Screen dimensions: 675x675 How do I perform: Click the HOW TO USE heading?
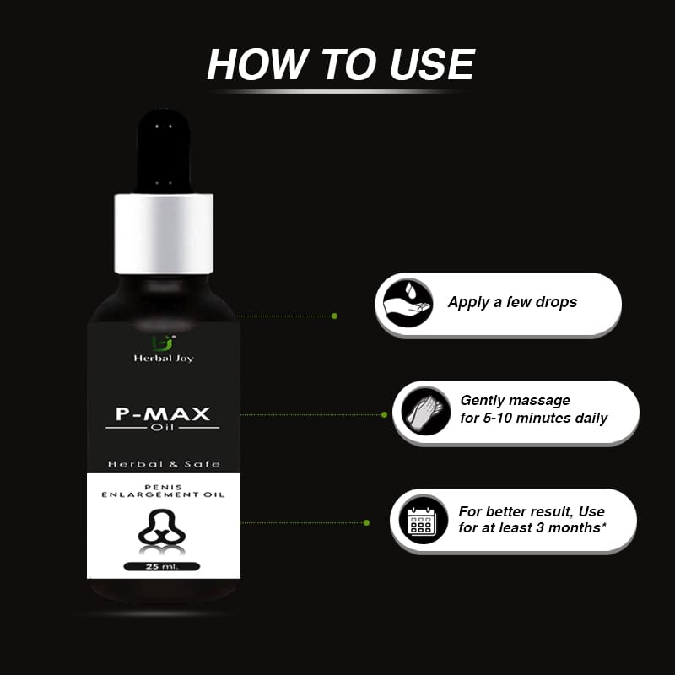(341, 64)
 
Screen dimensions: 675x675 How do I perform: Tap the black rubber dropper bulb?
(164, 151)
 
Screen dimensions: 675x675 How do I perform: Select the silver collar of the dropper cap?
(164, 234)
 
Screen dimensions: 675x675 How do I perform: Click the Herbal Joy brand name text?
(164, 358)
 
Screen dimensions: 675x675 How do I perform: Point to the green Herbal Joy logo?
(164, 343)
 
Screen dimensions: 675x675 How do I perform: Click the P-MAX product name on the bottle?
(163, 413)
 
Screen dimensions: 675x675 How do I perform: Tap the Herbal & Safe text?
(164, 464)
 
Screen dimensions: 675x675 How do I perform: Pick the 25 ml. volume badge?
(162, 566)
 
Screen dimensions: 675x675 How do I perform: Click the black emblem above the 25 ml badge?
(162, 527)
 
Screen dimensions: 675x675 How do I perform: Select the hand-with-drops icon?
(408, 302)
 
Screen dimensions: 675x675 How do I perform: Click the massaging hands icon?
(426, 412)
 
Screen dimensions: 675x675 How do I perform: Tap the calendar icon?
(422, 520)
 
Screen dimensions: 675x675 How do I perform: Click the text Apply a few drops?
(512, 302)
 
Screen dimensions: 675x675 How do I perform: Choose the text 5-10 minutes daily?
(545, 418)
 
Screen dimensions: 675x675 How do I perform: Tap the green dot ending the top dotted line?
(334, 316)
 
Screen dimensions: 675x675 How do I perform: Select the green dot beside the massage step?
(384, 414)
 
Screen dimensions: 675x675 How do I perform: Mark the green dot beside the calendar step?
(366, 522)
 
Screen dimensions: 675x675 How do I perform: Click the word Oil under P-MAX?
(162, 428)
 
